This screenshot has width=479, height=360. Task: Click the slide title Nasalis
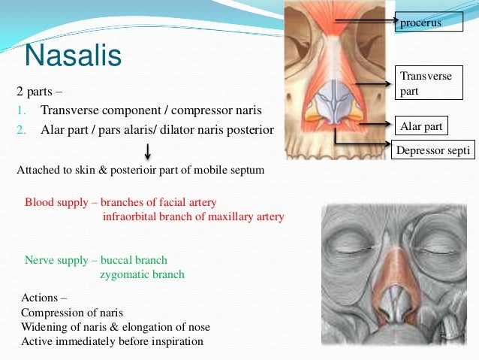(73, 55)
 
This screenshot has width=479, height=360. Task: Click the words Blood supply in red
(55, 203)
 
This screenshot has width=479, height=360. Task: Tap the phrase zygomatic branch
(142, 274)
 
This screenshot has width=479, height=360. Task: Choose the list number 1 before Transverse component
(22, 110)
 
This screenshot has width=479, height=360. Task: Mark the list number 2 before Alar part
(22, 129)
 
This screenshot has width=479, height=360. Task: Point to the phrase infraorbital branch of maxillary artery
(193, 217)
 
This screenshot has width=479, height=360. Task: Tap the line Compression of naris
(72, 313)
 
